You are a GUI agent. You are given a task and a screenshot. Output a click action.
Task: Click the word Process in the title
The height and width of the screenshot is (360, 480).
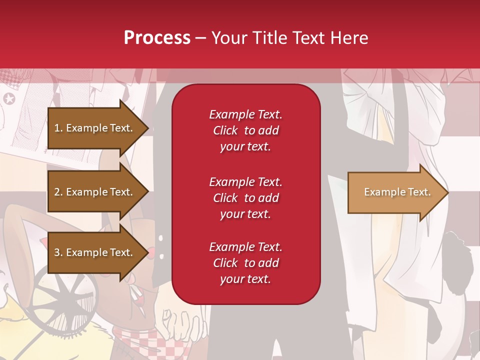(157, 37)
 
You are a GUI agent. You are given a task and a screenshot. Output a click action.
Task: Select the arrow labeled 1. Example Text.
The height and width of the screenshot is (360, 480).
(93, 128)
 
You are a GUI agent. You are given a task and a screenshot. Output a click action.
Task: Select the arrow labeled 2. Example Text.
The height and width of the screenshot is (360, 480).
(93, 192)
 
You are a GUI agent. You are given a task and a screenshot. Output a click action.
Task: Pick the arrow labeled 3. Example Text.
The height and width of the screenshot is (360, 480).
(93, 252)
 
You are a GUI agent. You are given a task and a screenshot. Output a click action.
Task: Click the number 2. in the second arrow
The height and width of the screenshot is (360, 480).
(58, 192)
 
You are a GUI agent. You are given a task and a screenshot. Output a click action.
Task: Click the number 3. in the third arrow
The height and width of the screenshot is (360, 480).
(58, 252)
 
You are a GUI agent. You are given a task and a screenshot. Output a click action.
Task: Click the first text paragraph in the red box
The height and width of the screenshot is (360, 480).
(245, 130)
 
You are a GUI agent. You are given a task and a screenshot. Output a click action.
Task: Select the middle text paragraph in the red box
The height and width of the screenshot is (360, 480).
(245, 198)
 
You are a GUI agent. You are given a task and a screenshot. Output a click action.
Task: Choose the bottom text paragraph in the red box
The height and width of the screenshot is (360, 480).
(245, 263)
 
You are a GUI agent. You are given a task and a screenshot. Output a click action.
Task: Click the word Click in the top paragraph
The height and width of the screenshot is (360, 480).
(225, 130)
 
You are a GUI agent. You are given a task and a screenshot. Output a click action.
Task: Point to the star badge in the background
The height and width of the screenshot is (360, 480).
(9, 98)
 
